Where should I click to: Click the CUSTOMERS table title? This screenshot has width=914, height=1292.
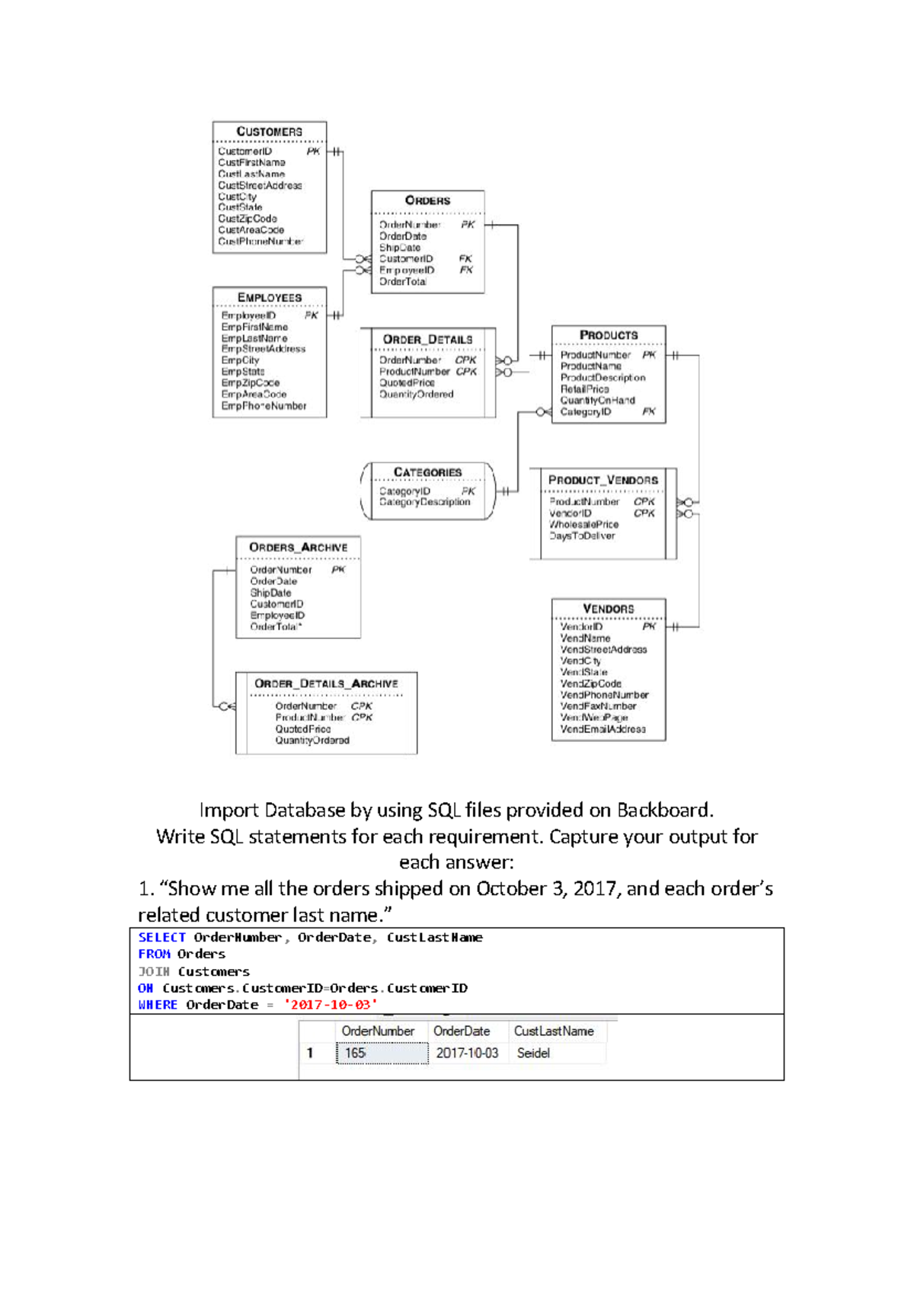[269, 132]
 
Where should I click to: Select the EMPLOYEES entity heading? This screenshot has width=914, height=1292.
[269, 297]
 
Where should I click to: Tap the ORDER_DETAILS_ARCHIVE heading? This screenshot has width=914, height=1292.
[326, 684]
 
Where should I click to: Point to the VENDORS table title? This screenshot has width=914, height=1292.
[608, 609]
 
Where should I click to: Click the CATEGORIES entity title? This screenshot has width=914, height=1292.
[427, 472]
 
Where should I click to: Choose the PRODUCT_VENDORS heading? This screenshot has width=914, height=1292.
[602, 480]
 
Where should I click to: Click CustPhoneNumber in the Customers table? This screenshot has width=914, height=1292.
[260, 241]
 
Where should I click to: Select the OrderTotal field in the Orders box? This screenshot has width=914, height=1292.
[403, 282]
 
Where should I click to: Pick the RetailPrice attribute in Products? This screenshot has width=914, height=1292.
[584, 389]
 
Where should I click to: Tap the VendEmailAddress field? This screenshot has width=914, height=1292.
[602, 729]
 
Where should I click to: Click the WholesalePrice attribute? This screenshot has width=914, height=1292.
[583, 524]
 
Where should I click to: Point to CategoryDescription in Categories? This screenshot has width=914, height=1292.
[424, 502]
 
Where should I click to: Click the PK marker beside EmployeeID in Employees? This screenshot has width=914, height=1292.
[311, 315]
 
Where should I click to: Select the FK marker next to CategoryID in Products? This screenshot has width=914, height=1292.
[648, 411]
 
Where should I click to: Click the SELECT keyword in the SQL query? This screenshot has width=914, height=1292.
[161, 938]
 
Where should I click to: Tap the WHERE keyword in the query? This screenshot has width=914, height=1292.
[158, 1005]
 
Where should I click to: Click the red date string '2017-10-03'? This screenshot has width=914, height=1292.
[331, 1005]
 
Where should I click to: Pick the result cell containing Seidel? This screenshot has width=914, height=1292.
[533, 1053]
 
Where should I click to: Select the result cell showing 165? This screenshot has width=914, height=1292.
[356, 1053]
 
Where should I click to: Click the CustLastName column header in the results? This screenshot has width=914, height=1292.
[554, 1031]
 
